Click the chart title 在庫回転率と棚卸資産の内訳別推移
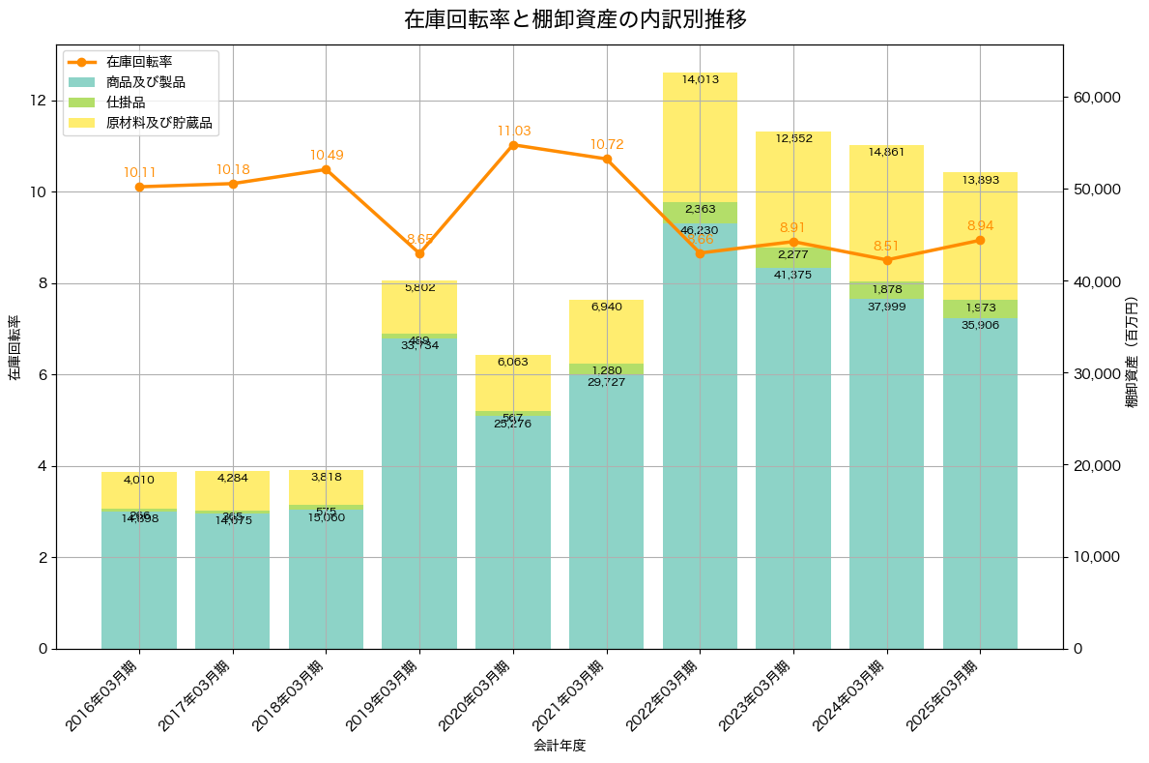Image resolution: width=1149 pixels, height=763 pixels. click(x=575, y=19)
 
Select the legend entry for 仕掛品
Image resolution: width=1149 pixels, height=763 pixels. click(x=126, y=103)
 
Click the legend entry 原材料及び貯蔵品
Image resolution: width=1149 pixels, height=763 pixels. click(x=158, y=123)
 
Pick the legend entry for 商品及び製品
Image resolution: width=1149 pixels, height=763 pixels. click(x=145, y=82)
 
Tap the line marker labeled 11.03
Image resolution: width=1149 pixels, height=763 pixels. click(x=513, y=145)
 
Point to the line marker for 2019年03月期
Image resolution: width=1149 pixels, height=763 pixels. click(x=419, y=253)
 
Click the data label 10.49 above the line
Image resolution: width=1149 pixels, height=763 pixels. click(x=327, y=156)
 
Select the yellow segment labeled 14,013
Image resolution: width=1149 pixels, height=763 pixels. click(x=700, y=137)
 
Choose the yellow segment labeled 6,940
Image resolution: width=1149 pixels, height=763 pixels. click(x=606, y=332)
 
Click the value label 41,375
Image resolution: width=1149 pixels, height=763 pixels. click(x=793, y=276)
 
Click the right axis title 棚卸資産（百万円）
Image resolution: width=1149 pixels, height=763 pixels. click(x=1132, y=352)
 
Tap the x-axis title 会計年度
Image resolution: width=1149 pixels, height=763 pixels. click(x=560, y=746)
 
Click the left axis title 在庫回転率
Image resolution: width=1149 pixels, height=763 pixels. click(x=14, y=348)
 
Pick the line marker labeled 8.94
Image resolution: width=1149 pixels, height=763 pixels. click(x=980, y=240)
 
